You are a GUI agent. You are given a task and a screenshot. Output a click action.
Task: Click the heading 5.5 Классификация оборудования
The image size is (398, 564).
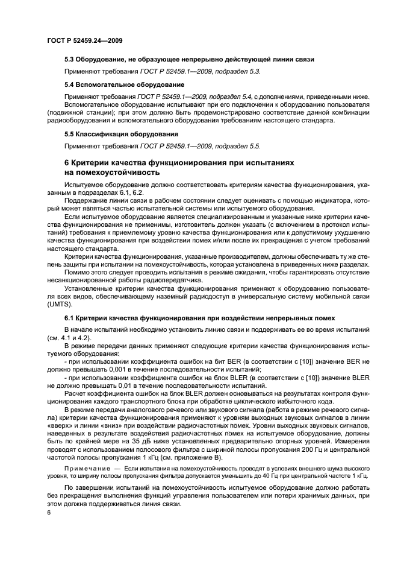click(x=121, y=134)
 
